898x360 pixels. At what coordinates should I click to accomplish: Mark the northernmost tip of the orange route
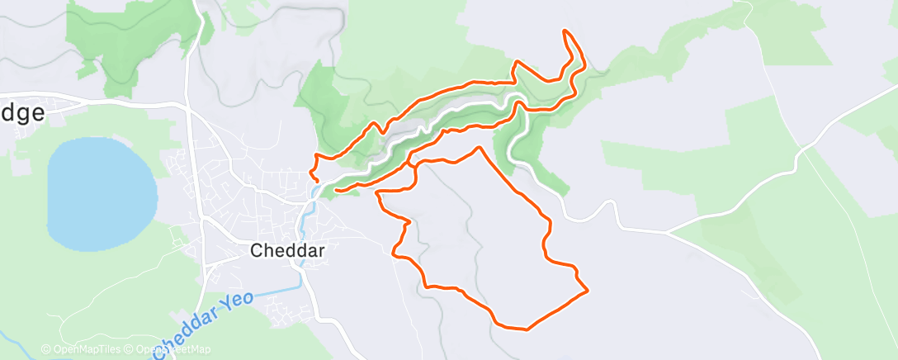(x=565, y=31)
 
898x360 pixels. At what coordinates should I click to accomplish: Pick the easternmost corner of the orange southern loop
(x=587, y=290)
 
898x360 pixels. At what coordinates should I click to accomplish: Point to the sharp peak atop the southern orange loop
(x=480, y=148)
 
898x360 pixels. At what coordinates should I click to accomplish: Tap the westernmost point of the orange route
(x=310, y=172)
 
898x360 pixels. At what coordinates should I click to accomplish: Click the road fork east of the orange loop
(x=668, y=233)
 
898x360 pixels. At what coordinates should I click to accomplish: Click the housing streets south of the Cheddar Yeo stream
(x=285, y=310)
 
